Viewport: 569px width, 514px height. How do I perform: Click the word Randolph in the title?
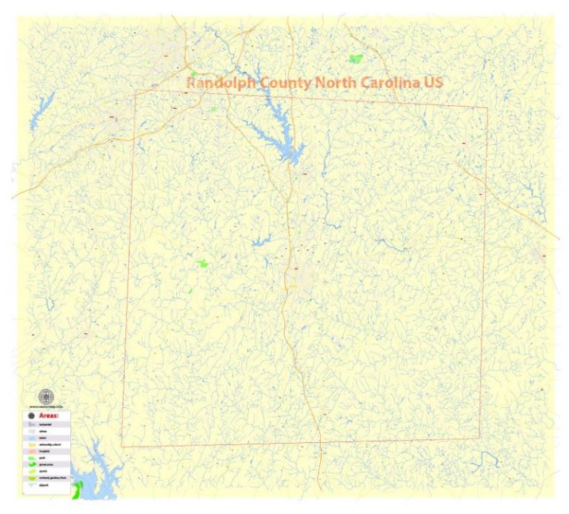(221, 83)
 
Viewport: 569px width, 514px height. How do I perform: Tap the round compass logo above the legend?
(46, 395)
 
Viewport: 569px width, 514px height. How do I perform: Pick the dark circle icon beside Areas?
(30, 416)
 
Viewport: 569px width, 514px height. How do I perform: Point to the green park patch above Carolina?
(356, 58)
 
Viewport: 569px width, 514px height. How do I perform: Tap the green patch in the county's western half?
(202, 262)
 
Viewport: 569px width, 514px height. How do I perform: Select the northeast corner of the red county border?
(488, 107)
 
